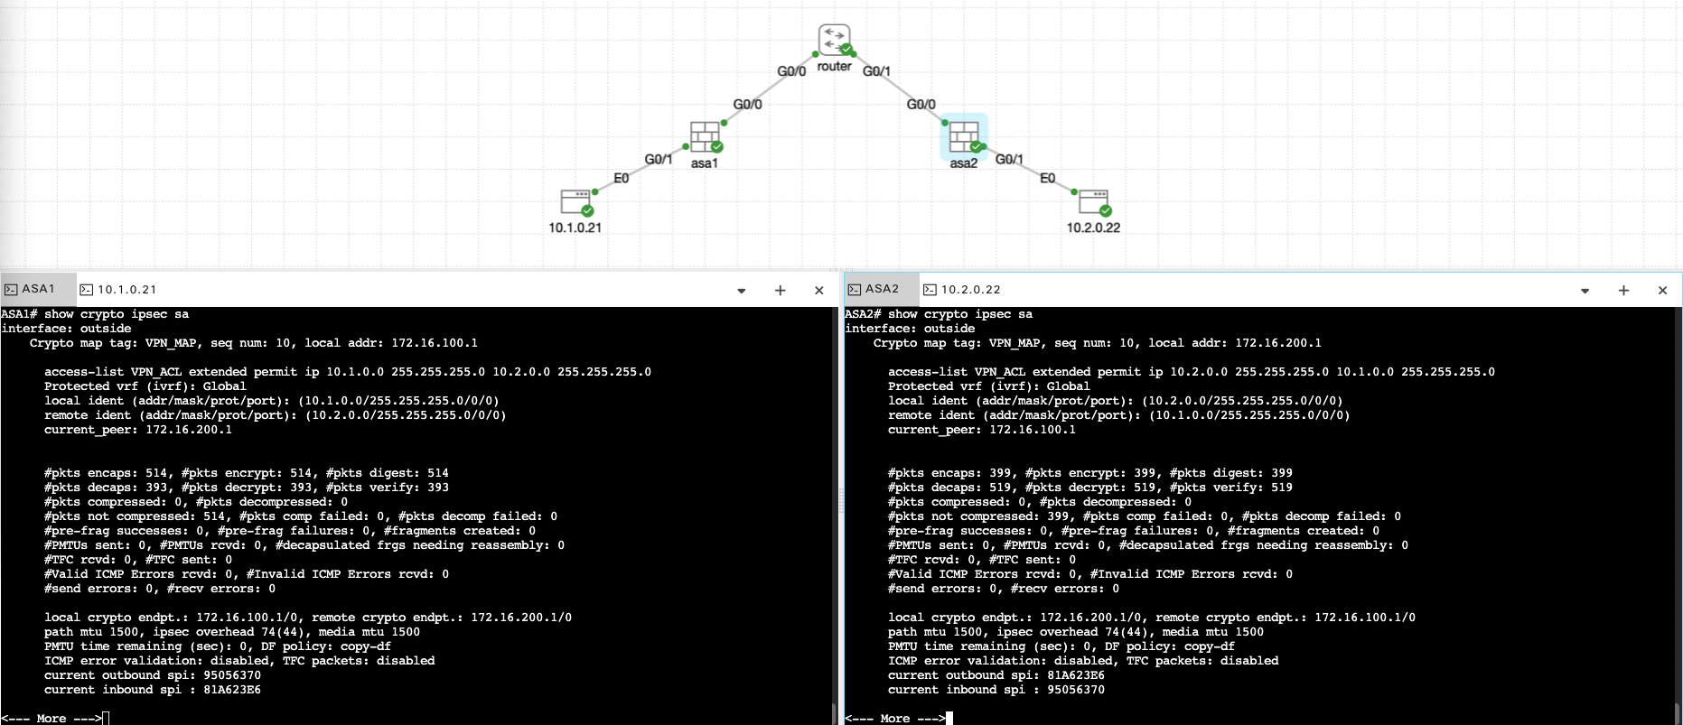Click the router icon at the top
coord(834,40)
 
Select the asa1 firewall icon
coord(705,137)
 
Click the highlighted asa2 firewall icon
coord(964,136)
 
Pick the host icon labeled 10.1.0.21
coord(575,201)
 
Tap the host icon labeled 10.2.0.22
coord(1093,201)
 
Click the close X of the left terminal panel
coord(819,290)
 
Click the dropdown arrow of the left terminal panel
coord(741,291)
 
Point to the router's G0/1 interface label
coord(876,71)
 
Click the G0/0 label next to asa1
coord(747,104)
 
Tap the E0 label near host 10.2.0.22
coord(1047,178)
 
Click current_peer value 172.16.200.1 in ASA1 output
coord(189,430)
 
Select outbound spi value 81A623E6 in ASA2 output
coord(1076,675)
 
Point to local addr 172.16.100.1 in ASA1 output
coord(435,343)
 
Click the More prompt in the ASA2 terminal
coord(894,719)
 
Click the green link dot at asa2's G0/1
coord(984,146)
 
